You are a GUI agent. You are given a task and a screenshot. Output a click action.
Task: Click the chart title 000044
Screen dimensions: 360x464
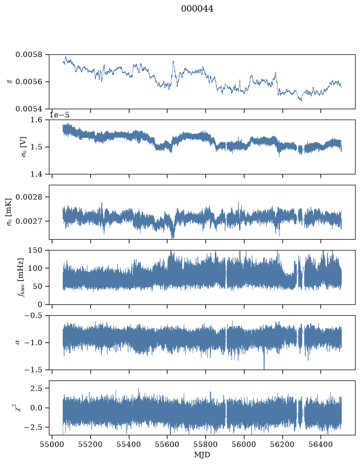point(197,9)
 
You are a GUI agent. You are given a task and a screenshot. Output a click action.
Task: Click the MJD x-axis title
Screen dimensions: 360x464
point(202,455)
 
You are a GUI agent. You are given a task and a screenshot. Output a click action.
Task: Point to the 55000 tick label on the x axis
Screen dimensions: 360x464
point(52,445)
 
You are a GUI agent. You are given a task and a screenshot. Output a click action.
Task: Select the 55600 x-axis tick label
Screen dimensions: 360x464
point(167,445)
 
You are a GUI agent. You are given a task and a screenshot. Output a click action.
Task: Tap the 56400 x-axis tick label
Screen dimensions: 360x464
point(321,445)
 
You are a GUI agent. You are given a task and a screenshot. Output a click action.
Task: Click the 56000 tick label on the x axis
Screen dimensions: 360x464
point(244,445)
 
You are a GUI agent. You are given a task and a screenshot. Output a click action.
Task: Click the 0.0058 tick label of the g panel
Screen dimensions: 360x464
point(29,55)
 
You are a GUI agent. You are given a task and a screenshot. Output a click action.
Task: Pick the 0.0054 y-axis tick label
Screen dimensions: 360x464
point(29,109)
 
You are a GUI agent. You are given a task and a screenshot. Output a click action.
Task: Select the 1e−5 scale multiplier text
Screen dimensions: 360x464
point(59,115)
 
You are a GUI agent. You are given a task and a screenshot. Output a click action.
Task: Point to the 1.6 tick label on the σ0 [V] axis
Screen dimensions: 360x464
point(37,120)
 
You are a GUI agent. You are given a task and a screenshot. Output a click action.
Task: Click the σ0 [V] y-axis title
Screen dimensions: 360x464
point(24,147)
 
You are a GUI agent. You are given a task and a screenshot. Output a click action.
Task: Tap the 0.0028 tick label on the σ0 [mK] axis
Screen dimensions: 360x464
point(29,197)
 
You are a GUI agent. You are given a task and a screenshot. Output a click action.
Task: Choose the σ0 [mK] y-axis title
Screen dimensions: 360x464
point(9,212)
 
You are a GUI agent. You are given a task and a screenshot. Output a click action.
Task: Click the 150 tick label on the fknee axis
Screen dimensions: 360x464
point(35,251)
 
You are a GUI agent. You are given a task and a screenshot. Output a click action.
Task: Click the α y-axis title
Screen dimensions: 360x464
point(17,342)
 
